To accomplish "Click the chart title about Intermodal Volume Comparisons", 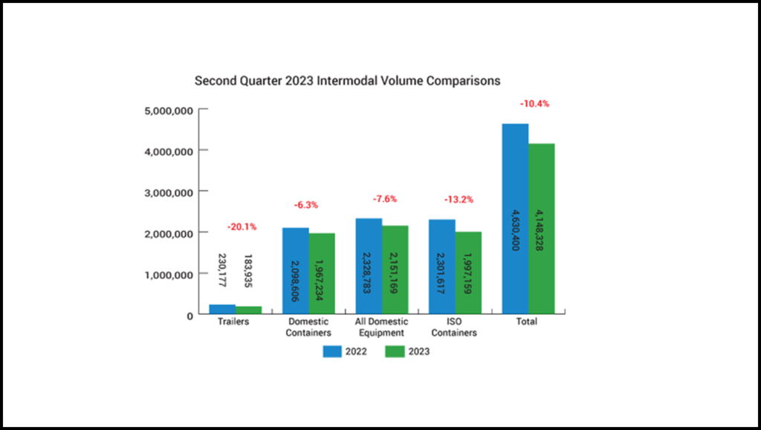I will pos(347,79).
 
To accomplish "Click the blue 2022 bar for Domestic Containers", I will pos(295,271).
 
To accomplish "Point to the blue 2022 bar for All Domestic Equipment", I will pos(369,267).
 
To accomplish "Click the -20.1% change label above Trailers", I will pos(242,227).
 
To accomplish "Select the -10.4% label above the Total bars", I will pos(534,104).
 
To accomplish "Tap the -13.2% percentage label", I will pos(459,199).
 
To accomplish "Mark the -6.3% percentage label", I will pos(307,205).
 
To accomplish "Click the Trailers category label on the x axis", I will pos(233,322).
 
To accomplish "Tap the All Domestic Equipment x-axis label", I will pos(381,328).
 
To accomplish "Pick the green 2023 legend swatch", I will pos(394,351).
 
